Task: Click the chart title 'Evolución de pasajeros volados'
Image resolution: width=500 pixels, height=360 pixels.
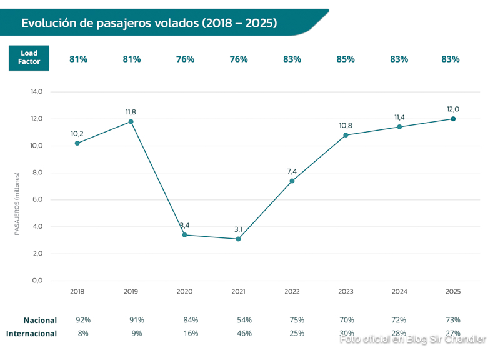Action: point(149,23)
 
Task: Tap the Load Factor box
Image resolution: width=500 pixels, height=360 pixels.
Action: point(29,58)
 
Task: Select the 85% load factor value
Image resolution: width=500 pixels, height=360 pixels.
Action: point(346,59)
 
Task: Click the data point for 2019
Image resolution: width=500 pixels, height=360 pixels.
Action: point(131,121)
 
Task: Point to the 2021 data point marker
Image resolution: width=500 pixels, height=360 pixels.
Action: point(239,239)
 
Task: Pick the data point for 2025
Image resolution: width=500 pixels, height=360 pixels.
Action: point(453,119)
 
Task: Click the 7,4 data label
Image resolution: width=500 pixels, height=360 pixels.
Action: point(292,171)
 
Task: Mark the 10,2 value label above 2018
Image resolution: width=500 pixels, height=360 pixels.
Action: point(77,134)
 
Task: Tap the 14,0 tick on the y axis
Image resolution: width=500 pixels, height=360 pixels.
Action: point(36,92)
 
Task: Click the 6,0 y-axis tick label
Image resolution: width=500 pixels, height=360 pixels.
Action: point(36,200)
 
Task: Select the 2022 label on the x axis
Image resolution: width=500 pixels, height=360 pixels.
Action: point(292,292)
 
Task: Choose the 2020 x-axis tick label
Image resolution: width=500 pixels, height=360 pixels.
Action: point(185,292)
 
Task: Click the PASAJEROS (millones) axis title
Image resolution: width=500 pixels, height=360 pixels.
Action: point(17,204)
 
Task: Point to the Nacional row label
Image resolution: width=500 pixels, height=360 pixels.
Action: point(40,320)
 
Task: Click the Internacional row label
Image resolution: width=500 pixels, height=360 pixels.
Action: point(31,334)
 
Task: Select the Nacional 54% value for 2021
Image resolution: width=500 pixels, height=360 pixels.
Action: point(244,320)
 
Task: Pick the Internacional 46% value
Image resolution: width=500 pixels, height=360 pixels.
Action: point(244,334)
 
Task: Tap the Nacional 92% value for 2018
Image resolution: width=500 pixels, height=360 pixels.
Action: point(83,320)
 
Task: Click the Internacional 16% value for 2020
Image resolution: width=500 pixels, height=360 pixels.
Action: point(191,334)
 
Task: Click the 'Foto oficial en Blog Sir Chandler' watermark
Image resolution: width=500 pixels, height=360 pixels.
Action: point(413,339)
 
